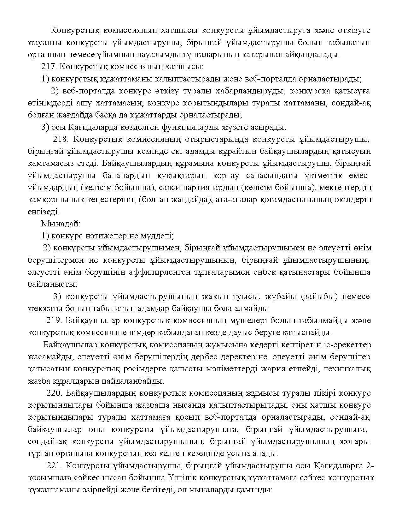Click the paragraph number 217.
pyautogui.click(x=48, y=67)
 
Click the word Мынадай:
pyautogui.click(x=61, y=224)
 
